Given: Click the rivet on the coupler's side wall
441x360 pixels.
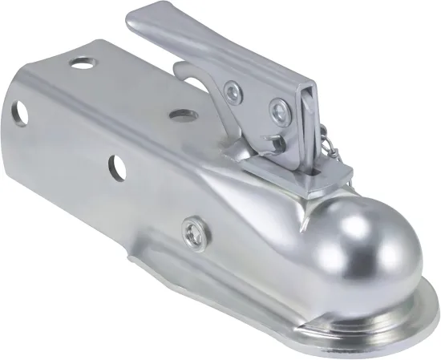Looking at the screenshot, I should [x=192, y=232].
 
